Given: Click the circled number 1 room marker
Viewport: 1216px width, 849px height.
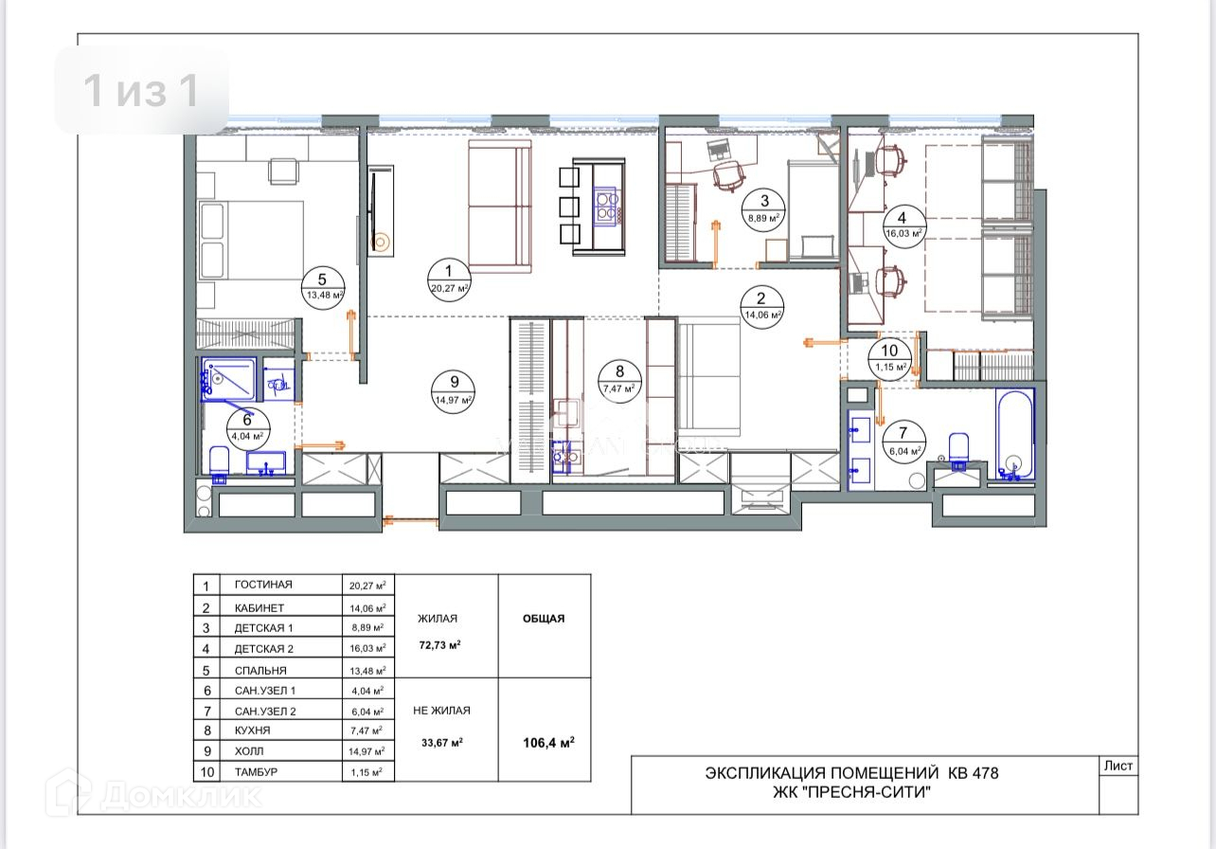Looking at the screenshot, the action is pyautogui.click(x=449, y=280).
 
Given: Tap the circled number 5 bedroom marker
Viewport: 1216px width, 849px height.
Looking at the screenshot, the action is pyautogui.click(x=322, y=287).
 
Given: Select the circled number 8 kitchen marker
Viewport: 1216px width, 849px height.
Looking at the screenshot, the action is pyautogui.click(x=619, y=380).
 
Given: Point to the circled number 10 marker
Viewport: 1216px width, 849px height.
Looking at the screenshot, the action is pyautogui.click(x=889, y=359).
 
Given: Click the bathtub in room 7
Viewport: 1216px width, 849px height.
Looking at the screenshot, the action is pyautogui.click(x=1014, y=436).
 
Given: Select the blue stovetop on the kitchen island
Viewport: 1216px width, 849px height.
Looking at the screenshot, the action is pyautogui.click(x=607, y=206).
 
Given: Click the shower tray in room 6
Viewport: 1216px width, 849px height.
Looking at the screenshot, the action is pyautogui.click(x=228, y=379).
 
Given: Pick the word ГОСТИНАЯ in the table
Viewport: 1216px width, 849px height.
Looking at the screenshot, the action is pyautogui.click(x=263, y=585).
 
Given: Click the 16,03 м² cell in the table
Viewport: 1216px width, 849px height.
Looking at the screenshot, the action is pyautogui.click(x=367, y=648).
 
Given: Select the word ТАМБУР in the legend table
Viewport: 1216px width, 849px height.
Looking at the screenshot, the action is pyautogui.click(x=256, y=772).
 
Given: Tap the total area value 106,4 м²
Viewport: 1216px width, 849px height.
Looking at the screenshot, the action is pyautogui.click(x=548, y=743).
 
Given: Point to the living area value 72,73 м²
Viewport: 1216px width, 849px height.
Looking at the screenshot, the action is pyautogui.click(x=439, y=645).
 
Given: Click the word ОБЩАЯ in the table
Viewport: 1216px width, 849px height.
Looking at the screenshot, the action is pyautogui.click(x=544, y=619).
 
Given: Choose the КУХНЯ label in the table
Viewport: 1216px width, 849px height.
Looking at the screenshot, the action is pyautogui.click(x=253, y=731).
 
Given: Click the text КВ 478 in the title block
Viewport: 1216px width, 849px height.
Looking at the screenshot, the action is pyautogui.click(x=974, y=773).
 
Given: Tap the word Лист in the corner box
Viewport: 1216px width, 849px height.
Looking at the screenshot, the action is pyautogui.click(x=1118, y=766).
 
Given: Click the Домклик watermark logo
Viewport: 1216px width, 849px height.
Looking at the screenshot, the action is pyautogui.click(x=154, y=796).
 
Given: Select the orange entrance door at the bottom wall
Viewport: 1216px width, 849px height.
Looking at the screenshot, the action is pyautogui.click(x=411, y=522).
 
